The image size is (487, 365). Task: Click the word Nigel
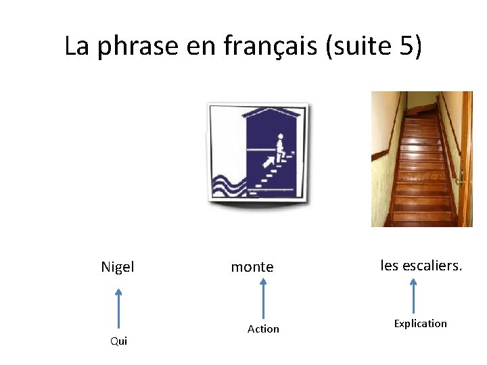tap(118, 267)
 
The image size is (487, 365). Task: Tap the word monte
tap(252, 267)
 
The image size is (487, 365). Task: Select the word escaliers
tap(432, 266)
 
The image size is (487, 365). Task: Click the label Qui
tap(118, 341)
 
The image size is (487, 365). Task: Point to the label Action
tap(263, 328)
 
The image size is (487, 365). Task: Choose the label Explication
tap(420, 323)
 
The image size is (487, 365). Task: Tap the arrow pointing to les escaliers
tap(413, 295)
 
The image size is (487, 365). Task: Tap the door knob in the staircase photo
tap(459, 180)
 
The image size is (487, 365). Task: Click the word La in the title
tap(76, 46)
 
